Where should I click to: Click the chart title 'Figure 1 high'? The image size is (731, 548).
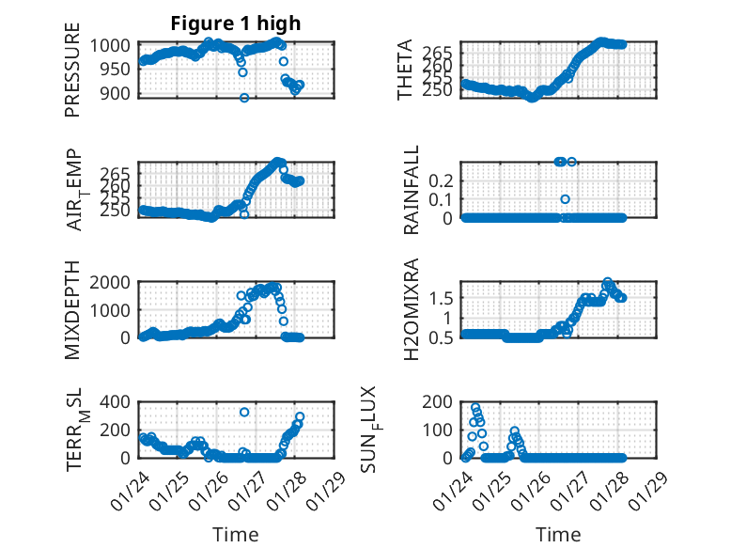(x=236, y=24)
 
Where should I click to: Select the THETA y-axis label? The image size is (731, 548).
(x=404, y=69)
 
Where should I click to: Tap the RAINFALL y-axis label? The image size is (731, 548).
(x=411, y=191)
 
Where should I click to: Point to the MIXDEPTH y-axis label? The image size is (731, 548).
(x=72, y=309)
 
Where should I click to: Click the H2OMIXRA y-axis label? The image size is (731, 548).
(x=411, y=309)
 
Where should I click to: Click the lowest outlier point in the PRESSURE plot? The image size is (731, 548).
(x=244, y=98)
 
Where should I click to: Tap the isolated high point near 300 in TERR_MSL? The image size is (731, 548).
(x=244, y=412)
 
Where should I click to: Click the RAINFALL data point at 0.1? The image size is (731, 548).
(x=566, y=199)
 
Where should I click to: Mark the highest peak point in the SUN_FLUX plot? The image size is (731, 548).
(x=475, y=408)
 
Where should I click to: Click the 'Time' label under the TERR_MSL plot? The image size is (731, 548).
(x=236, y=534)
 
